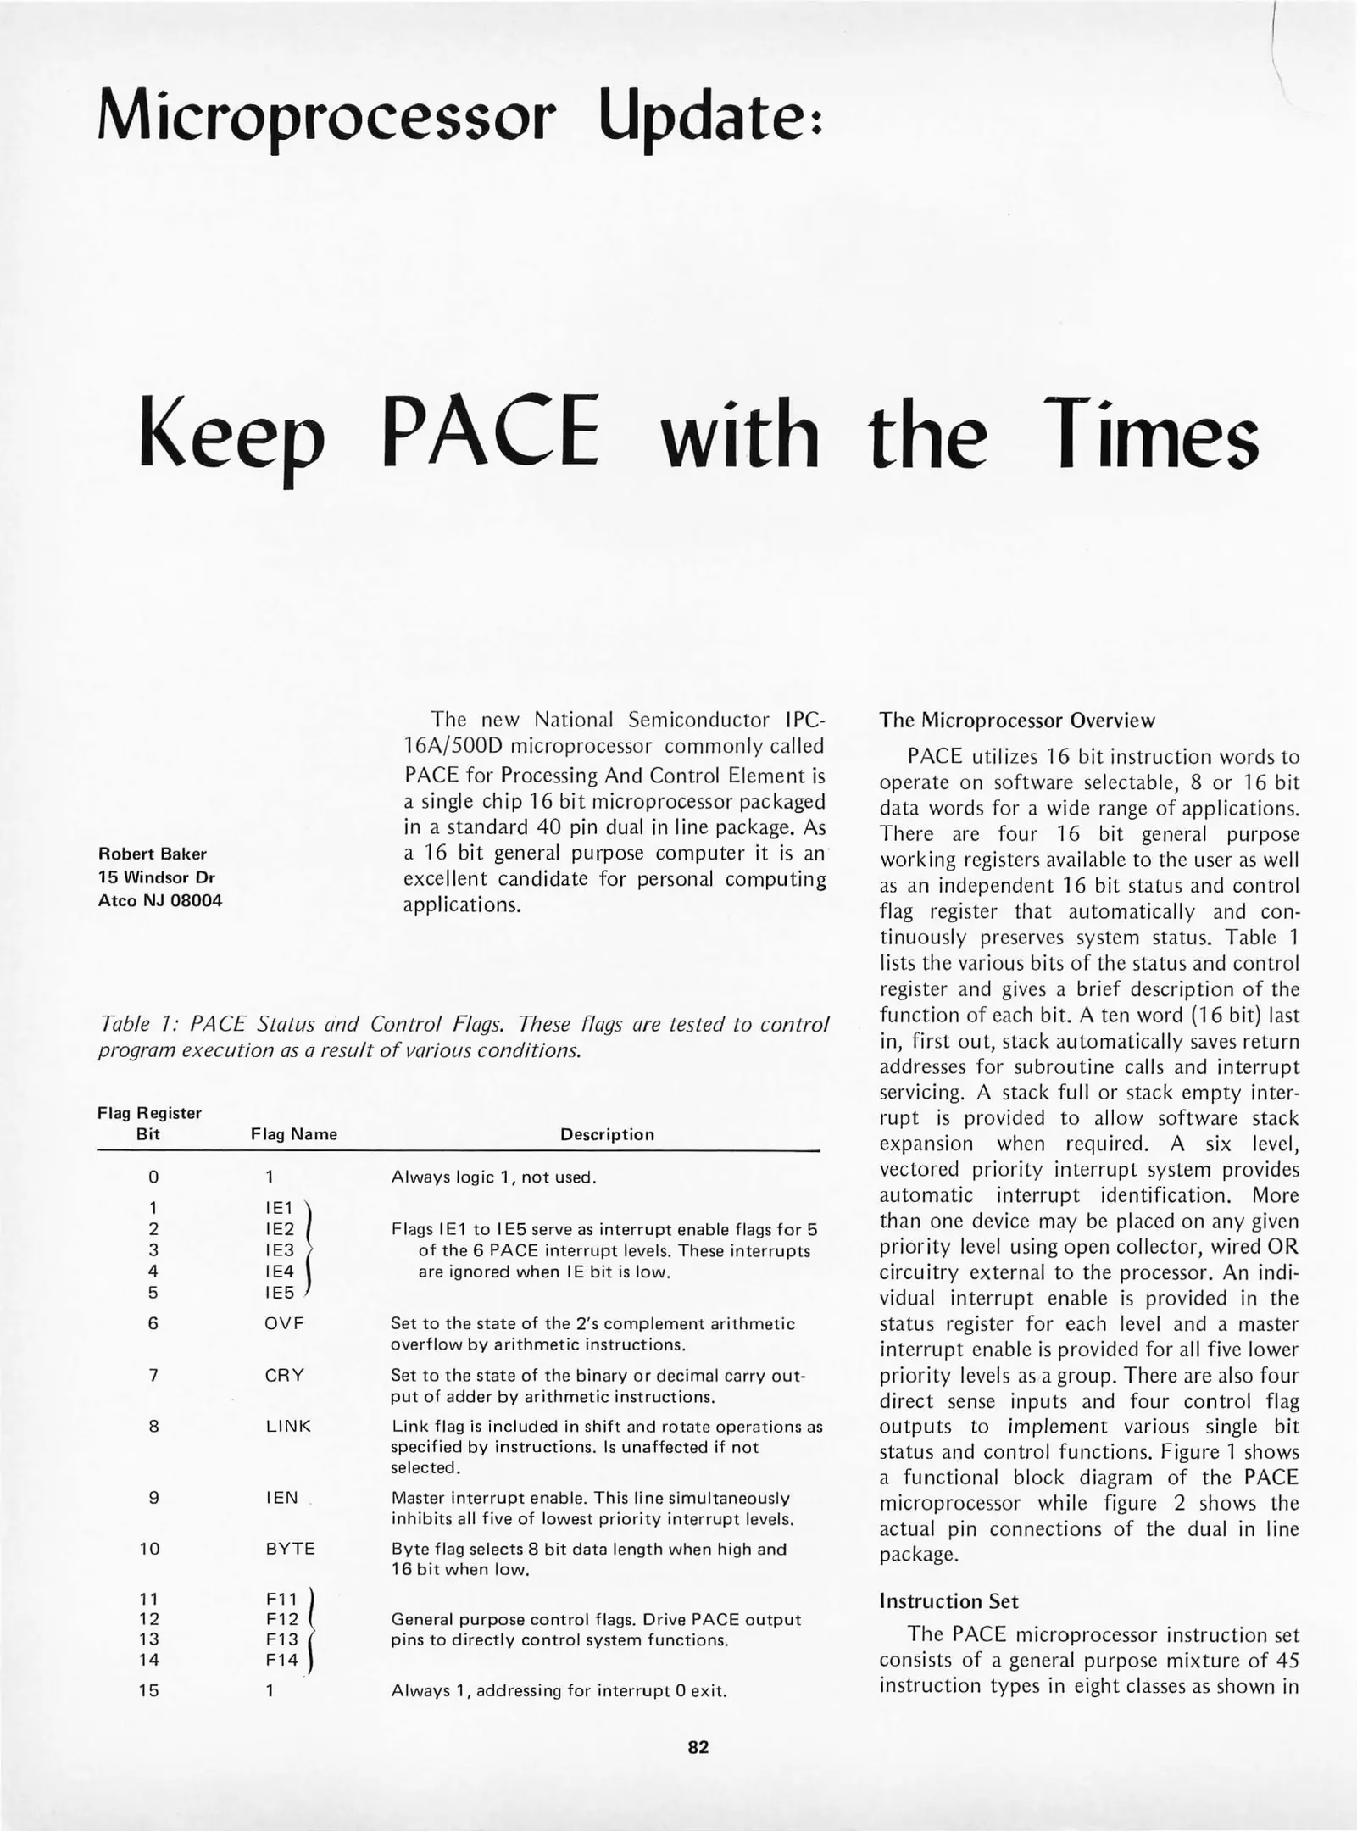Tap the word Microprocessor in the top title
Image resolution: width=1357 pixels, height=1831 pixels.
coord(327,114)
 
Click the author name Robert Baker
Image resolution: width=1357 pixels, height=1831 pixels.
coord(153,854)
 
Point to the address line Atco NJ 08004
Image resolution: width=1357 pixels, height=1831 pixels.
coord(160,900)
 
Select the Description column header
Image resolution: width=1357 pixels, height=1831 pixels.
coord(607,1134)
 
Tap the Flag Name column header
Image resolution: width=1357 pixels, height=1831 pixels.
coord(294,1134)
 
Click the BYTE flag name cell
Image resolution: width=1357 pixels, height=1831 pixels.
coord(290,1549)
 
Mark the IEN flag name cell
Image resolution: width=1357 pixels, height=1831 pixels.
coord(281,1498)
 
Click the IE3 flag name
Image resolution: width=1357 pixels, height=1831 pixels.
coord(280,1249)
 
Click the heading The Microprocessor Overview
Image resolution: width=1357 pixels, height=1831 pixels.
coord(1016,721)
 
